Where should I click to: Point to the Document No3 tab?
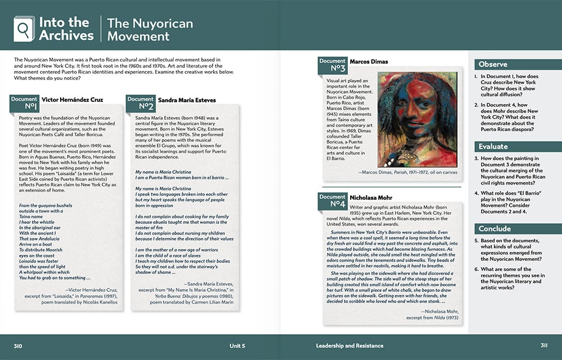(332, 65)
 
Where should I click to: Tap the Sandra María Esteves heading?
(186, 100)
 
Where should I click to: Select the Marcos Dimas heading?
(369, 62)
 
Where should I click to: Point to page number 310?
(17, 345)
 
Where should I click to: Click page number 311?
(544, 345)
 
